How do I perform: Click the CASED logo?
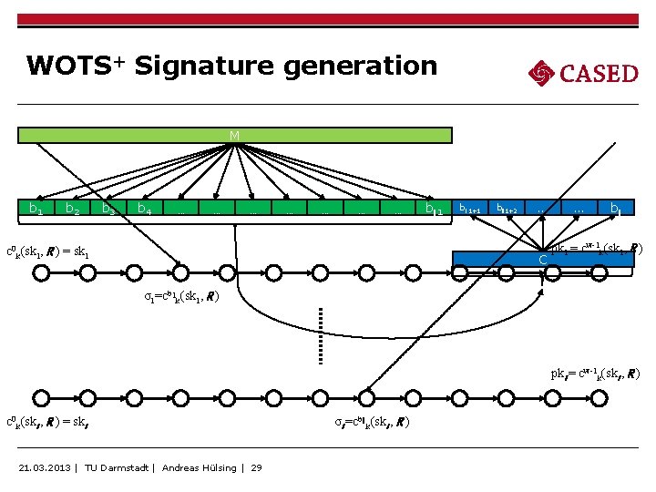[583, 72]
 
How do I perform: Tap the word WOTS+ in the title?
[77, 66]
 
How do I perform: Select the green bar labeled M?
[235, 136]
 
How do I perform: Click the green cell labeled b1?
[36, 210]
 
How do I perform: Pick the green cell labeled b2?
[73, 210]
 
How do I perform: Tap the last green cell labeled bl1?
[434, 210]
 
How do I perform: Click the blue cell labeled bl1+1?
[470, 210]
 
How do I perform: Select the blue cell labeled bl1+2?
[506, 210]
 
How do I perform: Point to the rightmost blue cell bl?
[616, 210]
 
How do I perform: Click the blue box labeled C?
[543, 259]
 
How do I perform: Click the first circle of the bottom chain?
[38, 398]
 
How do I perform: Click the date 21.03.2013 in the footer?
[46, 468]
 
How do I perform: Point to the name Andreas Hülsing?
[200, 468]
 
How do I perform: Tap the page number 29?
[256, 468]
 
